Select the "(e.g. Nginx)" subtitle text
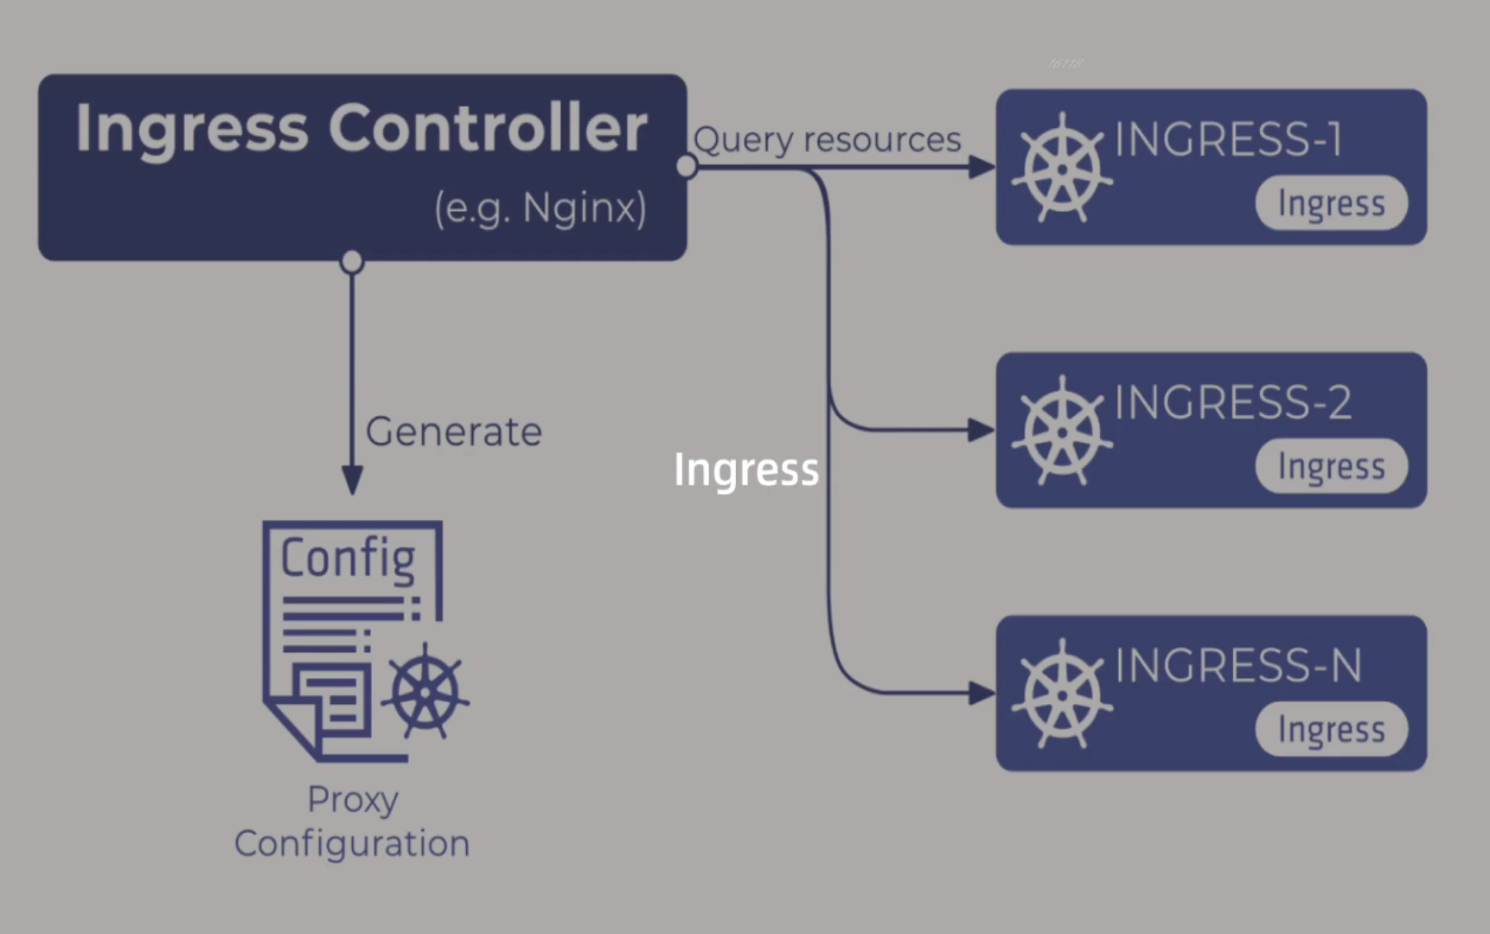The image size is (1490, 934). (x=540, y=208)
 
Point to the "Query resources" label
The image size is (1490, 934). (x=828, y=140)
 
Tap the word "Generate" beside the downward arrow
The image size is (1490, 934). (x=454, y=431)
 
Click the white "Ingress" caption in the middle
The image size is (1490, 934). (x=746, y=470)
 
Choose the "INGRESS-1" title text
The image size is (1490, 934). (x=1229, y=139)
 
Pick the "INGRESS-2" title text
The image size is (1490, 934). (x=1233, y=402)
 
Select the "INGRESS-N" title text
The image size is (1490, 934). (x=1238, y=665)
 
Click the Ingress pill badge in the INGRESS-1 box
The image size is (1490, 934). (x=1332, y=203)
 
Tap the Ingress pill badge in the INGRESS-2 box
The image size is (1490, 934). (x=1332, y=466)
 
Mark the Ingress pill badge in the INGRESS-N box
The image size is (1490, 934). (x=1332, y=729)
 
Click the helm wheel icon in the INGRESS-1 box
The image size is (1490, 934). (x=1063, y=168)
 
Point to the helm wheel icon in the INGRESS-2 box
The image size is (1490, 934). (x=1063, y=431)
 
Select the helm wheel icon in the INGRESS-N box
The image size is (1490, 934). (x=1063, y=694)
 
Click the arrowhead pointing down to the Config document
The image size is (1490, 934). (x=352, y=480)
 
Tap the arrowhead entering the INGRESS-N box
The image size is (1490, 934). (x=982, y=693)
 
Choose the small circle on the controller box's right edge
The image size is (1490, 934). (x=687, y=166)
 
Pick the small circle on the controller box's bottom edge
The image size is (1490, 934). (x=352, y=261)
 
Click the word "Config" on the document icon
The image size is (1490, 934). (x=349, y=558)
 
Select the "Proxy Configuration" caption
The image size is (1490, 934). (x=352, y=822)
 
